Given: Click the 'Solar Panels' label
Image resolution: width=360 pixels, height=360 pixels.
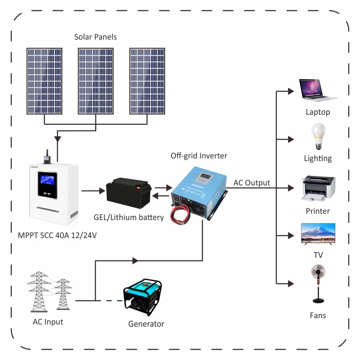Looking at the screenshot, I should tap(95, 37).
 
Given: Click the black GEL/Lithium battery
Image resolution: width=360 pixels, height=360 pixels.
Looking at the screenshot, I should tap(129, 193).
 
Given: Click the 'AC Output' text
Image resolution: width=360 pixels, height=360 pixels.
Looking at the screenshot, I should tap(252, 183).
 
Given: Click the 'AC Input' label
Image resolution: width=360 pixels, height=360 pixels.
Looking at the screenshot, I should tap(48, 322).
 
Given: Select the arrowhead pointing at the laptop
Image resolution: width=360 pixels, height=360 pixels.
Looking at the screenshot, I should tap(291, 90).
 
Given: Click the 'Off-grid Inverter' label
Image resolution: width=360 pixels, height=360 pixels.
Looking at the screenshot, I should tap(199, 156).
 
